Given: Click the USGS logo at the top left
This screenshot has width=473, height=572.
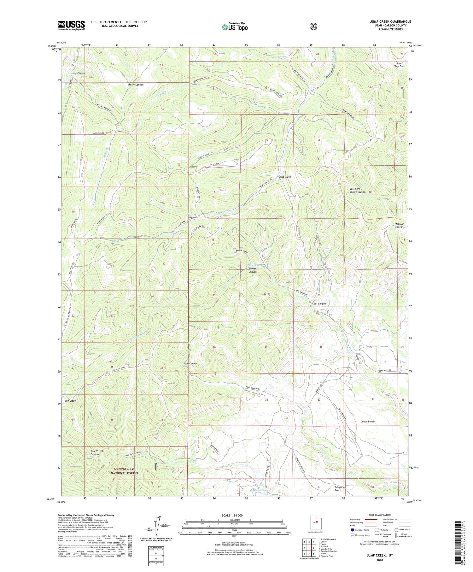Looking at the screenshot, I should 71,25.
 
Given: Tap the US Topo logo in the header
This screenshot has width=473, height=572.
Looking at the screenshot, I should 235,27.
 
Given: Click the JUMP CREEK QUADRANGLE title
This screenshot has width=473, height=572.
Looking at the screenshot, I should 390,21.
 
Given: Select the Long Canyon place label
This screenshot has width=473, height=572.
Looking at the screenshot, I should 78,73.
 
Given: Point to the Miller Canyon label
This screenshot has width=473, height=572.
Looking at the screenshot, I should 136,85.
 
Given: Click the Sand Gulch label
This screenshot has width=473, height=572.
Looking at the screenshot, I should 285,177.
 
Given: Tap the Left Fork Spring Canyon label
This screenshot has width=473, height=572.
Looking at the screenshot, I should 357,191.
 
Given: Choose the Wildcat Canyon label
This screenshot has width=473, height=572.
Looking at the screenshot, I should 399,226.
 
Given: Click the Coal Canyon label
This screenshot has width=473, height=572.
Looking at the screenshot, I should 319,304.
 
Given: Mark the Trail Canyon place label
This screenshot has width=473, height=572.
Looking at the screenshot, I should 190,363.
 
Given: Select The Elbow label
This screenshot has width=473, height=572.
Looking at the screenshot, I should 70,401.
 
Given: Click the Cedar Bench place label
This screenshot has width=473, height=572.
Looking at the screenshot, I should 367,422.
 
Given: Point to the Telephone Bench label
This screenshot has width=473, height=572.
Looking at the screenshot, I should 340,489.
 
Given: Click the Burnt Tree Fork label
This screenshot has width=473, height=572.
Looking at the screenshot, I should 399,65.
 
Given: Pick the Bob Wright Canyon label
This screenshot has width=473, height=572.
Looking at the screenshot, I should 96,453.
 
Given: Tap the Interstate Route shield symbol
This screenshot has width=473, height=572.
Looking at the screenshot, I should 353,530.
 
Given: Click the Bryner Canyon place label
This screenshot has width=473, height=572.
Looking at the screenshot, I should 252,270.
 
